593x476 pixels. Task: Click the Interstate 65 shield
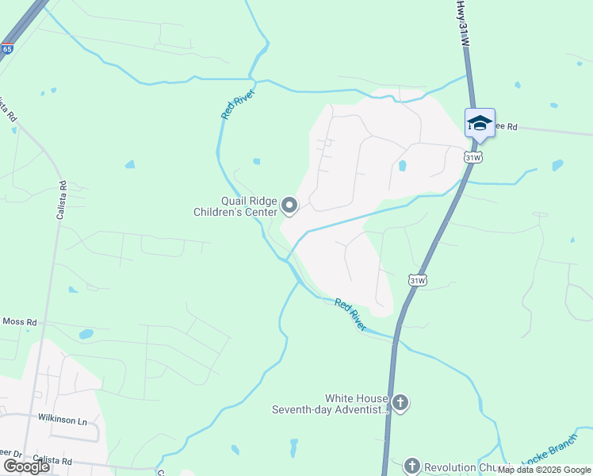click(x=7, y=49)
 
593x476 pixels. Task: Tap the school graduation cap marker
click(x=480, y=123)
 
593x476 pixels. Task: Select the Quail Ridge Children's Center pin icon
click(x=290, y=206)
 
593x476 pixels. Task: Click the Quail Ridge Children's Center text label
click(x=236, y=206)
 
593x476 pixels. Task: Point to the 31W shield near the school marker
click(x=473, y=157)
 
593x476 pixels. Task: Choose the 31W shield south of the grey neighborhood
click(x=418, y=280)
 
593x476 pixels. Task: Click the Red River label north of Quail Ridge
click(x=235, y=103)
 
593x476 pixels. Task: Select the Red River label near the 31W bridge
click(x=350, y=314)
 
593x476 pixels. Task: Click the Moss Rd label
click(x=19, y=322)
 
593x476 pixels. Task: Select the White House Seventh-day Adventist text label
click(x=330, y=404)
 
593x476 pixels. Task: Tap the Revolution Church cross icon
click(x=411, y=466)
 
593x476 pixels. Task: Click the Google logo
click(x=26, y=466)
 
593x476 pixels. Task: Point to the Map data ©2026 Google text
click(x=544, y=470)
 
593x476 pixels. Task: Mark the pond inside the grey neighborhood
click(x=402, y=166)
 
